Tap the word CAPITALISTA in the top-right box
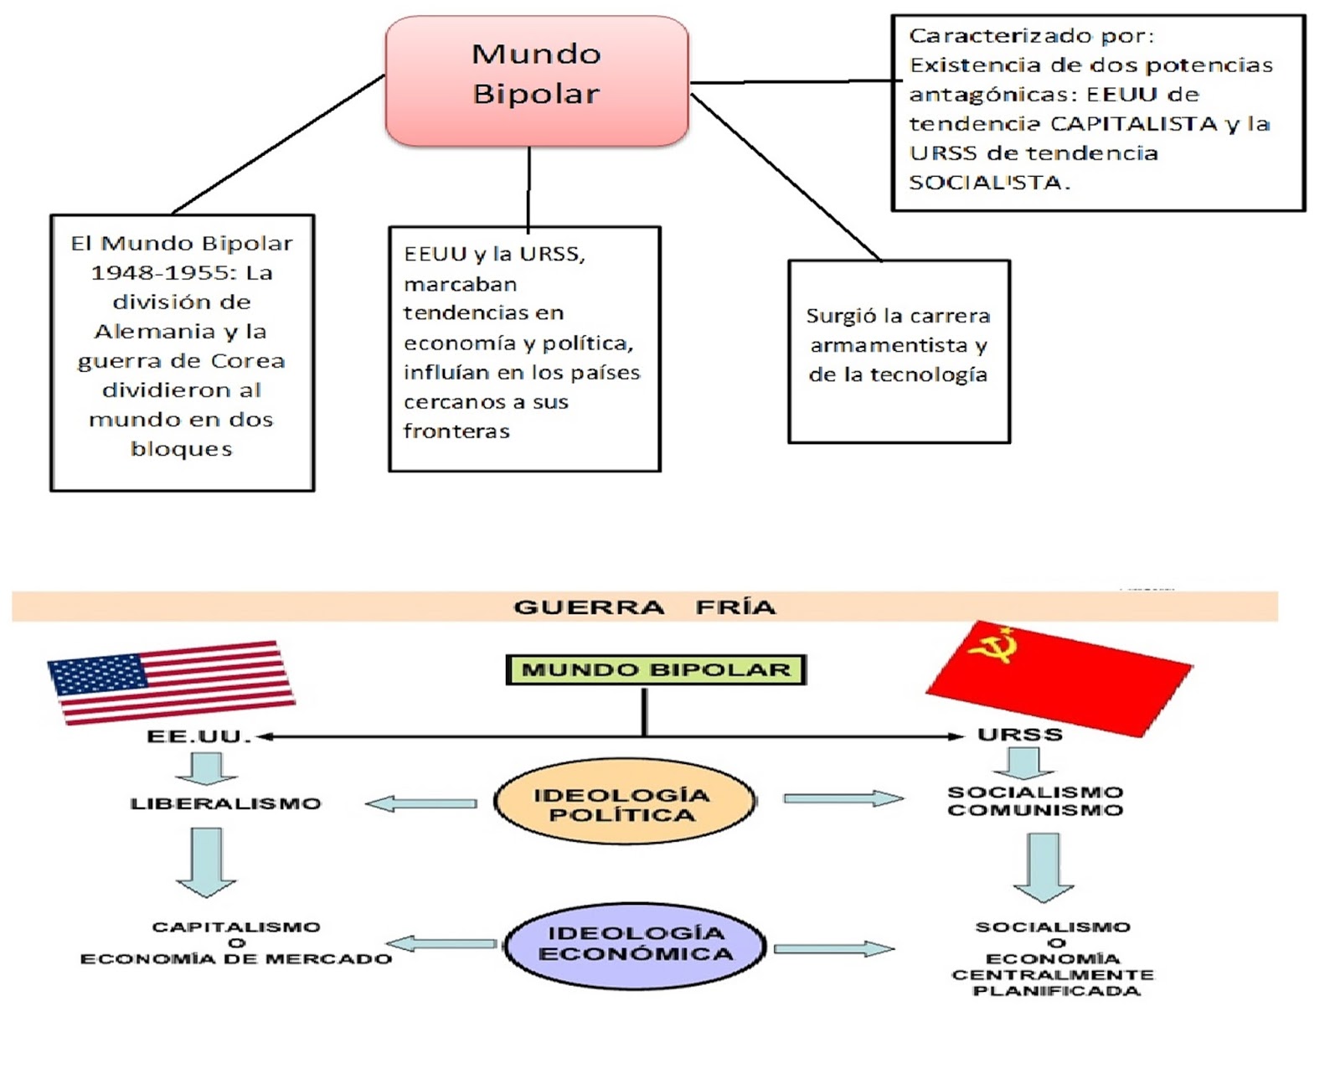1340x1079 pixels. coord(1134,124)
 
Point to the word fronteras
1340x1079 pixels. coord(456,431)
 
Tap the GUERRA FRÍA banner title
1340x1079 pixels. coord(644,607)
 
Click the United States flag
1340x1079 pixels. coord(172,681)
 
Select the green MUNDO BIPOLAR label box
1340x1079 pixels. coord(656,669)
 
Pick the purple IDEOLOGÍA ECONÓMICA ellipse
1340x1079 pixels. coord(635,944)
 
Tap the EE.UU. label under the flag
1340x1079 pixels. coord(198,736)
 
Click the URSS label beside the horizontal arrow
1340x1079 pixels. coord(1019,735)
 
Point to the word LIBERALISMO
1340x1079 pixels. coord(225,803)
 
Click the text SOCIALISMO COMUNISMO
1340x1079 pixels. coord(1034,801)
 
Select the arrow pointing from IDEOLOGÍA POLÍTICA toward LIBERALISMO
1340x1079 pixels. coord(421,803)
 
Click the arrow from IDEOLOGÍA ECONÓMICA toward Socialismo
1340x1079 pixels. coord(833,948)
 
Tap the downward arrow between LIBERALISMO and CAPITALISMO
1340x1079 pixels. coord(206,861)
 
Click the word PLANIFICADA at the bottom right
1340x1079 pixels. coord(1055,991)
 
